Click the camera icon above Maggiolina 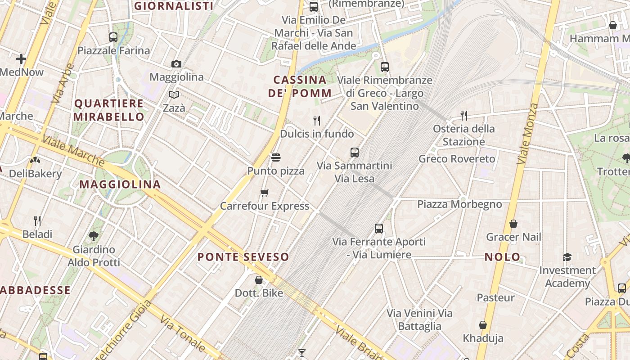[x=176, y=64]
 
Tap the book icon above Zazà [x=174, y=94]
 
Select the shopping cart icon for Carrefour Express [x=265, y=193]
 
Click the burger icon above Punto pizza [x=276, y=157]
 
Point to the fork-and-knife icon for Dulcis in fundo [x=317, y=120]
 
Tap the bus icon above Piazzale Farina [x=113, y=37]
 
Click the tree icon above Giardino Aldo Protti [x=94, y=236]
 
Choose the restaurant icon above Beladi [x=37, y=220]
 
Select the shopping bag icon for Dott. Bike [x=259, y=280]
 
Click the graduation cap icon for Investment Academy [x=567, y=257]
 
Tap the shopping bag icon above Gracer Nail [x=513, y=224]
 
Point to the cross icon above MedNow [x=21, y=58]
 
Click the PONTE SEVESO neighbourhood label [x=243, y=257]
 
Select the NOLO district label [x=502, y=257]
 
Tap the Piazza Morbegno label [x=459, y=204]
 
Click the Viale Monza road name [x=527, y=134]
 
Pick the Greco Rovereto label [x=457, y=159]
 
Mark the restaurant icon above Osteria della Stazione [x=464, y=116]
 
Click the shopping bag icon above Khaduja [x=483, y=325]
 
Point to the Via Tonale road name [x=183, y=333]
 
